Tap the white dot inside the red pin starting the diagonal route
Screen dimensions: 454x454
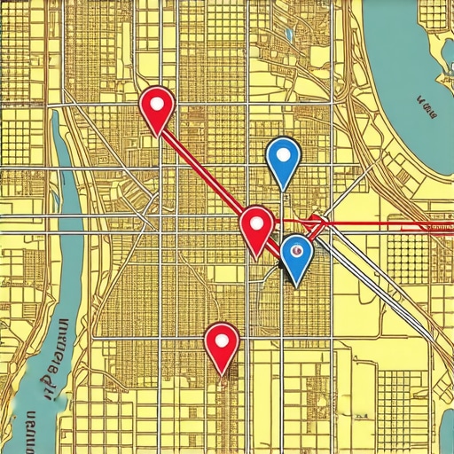(158, 103)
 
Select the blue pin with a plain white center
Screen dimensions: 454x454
(283, 158)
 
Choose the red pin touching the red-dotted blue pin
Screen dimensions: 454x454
(256, 227)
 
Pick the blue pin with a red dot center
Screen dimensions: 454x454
(296, 255)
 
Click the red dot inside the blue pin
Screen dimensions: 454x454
(297, 252)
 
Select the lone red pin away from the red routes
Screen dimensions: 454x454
(222, 343)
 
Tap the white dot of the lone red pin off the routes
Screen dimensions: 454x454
(222, 339)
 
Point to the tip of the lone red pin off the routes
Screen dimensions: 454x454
(223, 374)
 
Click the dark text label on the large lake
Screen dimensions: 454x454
(426, 109)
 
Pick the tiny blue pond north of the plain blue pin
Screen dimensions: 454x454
(289, 36)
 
